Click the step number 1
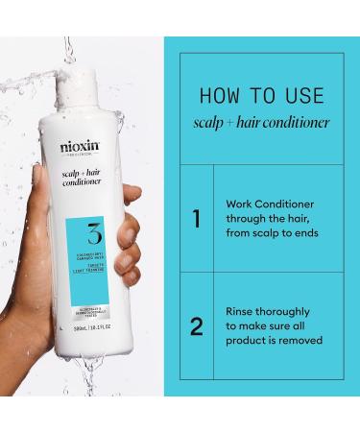click(196, 220)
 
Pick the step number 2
click(196, 327)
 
